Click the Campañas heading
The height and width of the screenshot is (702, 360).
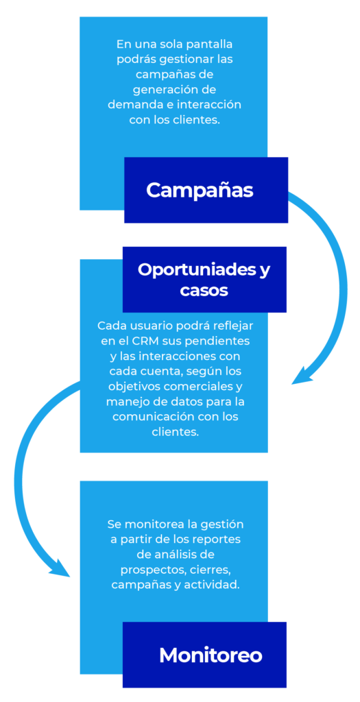[x=200, y=191]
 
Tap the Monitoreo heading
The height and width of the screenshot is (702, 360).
[x=211, y=655]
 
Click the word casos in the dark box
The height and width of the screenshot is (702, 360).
[x=204, y=291]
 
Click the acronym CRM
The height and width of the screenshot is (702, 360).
[x=144, y=341]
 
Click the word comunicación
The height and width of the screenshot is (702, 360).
[x=153, y=416]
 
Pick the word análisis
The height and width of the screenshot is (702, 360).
[x=169, y=554]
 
